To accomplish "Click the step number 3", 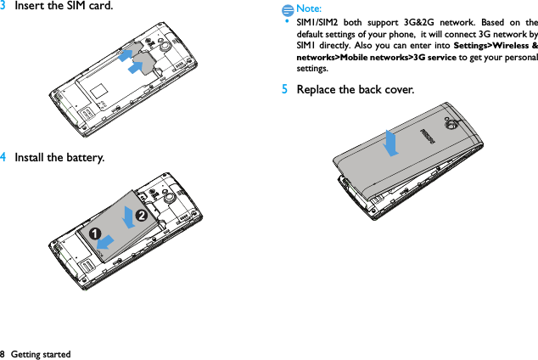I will point(4,7).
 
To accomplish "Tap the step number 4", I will point(4,157).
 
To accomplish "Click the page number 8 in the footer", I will point(3,353).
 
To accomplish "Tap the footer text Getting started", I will point(41,353).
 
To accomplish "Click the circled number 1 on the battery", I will point(87,232).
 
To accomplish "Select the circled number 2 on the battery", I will point(142,216).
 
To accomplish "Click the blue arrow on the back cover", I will point(390,143).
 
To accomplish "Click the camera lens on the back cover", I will point(446,125).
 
